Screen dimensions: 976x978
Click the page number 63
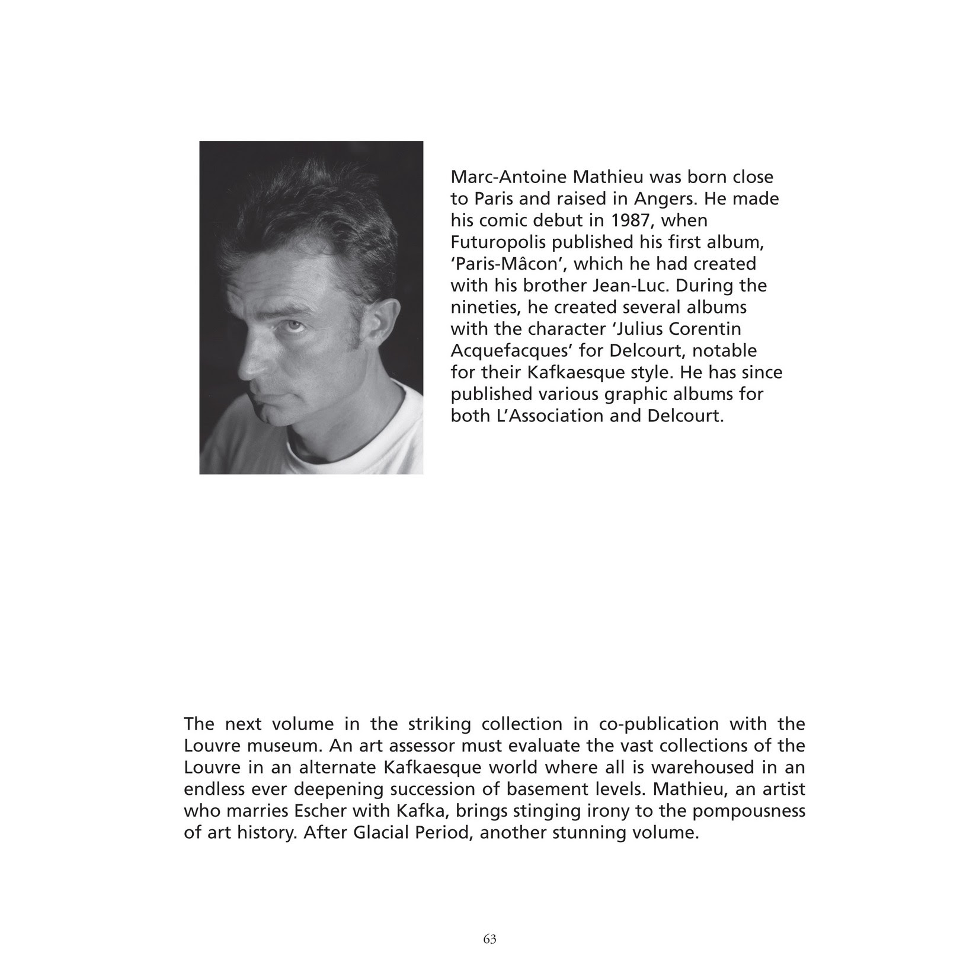point(489,939)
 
